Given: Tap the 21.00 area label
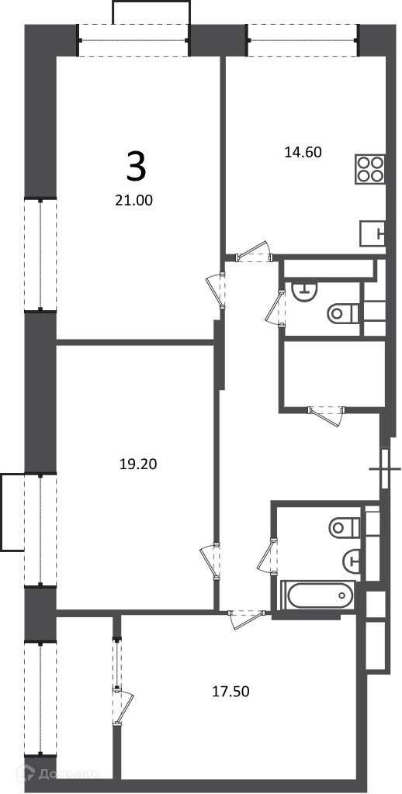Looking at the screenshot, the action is (x=134, y=201).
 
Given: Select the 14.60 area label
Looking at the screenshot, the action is (x=303, y=152).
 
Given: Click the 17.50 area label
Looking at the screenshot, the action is (x=230, y=691).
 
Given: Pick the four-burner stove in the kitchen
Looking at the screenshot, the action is (x=370, y=168).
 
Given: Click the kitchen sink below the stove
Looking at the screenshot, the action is (x=373, y=233).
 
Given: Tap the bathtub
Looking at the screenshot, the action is (x=317, y=595).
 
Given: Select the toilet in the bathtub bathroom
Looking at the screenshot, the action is (x=345, y=528).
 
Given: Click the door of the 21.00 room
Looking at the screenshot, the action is (x=216, y=290).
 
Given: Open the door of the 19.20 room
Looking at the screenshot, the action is (x=210, y=561).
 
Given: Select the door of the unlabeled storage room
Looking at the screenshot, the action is (x=327, y=416).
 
